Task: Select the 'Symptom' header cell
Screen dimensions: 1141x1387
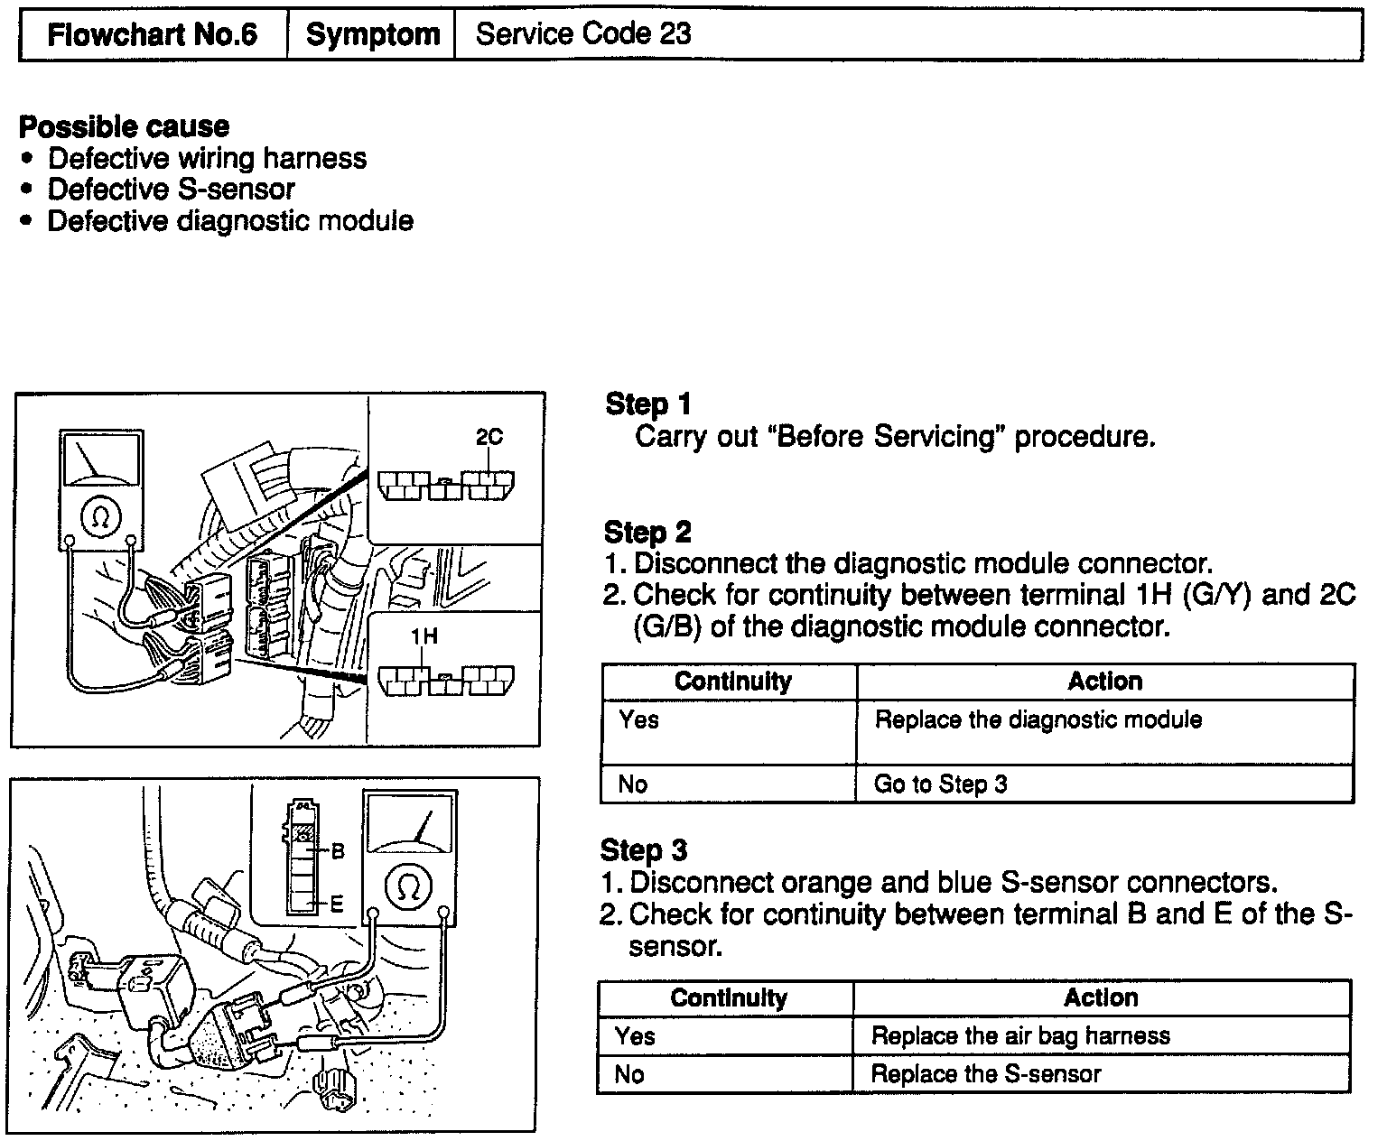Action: coord(372,35)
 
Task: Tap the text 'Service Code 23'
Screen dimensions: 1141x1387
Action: coord(583,34)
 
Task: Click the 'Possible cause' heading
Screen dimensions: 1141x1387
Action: coord(124,126)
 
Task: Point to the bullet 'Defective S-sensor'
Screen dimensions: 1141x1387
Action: coord(171,190)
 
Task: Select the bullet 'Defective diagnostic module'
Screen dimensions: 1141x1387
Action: coord(230,221)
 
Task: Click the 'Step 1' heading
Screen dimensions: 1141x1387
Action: coord(647,404)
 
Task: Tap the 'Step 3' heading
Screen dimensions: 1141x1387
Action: coord(644,850)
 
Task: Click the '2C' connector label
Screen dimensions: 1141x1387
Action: coord(489,437)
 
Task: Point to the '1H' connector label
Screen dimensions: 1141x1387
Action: coord(424,635)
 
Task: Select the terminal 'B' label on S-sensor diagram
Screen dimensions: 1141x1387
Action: coord(338,850)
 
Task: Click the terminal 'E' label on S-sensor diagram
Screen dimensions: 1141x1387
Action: coord(337,903)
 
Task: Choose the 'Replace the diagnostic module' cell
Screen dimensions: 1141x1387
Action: coord(1038,720)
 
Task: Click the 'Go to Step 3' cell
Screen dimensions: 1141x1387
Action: coord(940,784)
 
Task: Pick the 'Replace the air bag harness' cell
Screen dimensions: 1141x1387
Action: coord(1020,1035)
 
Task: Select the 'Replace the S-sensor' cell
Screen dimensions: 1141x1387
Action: coord(985,1074)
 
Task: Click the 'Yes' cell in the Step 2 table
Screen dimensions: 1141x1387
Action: coord(638,720)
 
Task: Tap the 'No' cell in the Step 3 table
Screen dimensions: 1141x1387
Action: coord(629,1074)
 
